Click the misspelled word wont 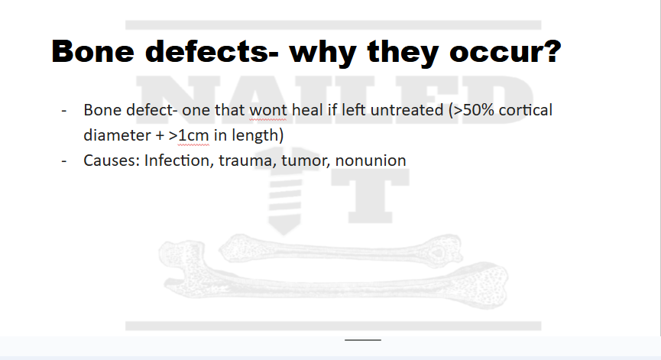tap(267, 110)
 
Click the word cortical tap(526, 110)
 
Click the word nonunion tap(371, 161)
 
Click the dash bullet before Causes tap(66, 161)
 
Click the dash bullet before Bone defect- tap(66, 111)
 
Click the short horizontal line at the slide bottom tap(362, 339)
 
